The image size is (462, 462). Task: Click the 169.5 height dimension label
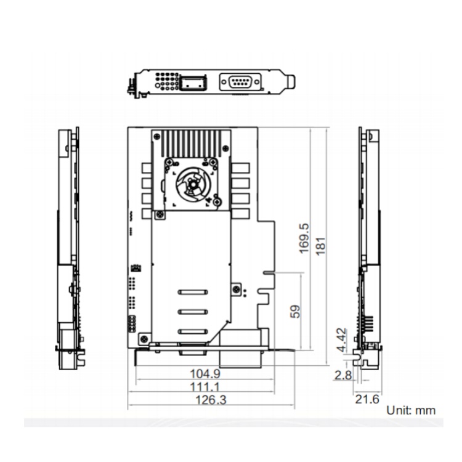tap(304, 238)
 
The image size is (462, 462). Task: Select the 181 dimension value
tap(321, 246)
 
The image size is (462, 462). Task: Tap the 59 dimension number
tap(296, 312)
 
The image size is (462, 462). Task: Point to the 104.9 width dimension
tap(205, 374)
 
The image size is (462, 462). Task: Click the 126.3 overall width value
tap(211, 400)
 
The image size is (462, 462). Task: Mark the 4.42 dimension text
tap(342, 340)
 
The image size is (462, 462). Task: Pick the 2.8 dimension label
tap(343, 375)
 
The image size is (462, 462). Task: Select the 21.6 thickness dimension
tap(367, 399)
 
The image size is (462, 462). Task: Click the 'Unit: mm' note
tap(411, 410)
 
